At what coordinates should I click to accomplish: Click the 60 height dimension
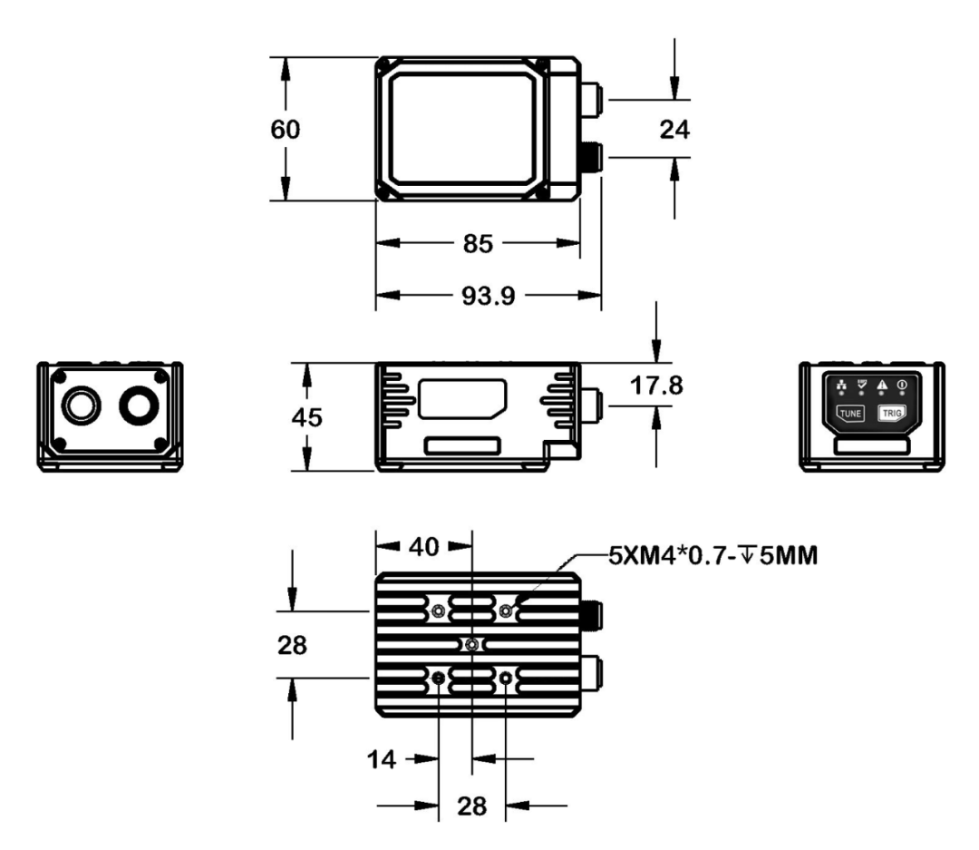point(286,129)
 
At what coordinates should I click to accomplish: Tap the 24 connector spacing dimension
point(674,129)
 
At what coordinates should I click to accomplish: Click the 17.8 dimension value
point(657,386)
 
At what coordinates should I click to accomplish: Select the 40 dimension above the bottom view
point(423,547)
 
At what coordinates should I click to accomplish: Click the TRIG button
point(888,413)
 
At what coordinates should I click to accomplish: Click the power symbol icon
point(903,386)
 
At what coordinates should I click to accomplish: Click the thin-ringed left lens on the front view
point(81,404)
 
